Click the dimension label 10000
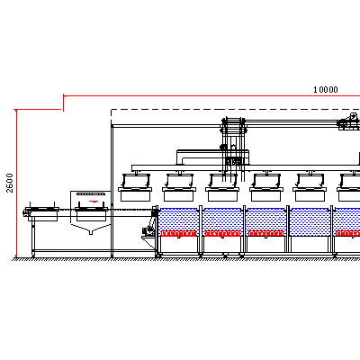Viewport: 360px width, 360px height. [x=326, y=90]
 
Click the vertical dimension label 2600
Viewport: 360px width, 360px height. [x=10, y=183]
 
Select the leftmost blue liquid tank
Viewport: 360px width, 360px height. [x=179, y=222]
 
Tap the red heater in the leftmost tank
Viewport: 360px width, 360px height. [x=179, y=233]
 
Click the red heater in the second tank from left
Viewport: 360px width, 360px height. [x=222, y=233]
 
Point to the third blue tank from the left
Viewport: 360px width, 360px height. [x=265, y=222]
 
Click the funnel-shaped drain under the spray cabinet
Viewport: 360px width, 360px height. [x=91, y=229]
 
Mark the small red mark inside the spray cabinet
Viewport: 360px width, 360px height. [x=94, y=201]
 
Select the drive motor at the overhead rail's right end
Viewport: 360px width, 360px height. [x=348, y=121]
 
